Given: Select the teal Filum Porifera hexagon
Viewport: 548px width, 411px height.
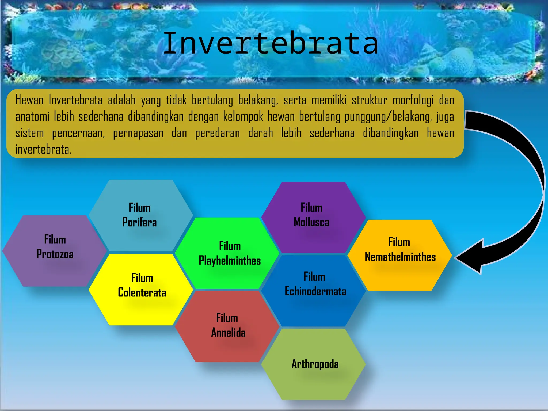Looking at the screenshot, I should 140,215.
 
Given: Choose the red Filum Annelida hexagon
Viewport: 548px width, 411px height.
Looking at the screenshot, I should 227,326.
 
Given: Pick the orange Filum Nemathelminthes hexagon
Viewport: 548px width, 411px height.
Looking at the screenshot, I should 400,254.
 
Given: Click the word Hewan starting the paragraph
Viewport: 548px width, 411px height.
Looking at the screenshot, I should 29,100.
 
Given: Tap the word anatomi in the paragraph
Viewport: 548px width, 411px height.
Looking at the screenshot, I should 32,117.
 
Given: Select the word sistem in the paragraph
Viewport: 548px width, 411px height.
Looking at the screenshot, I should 30,133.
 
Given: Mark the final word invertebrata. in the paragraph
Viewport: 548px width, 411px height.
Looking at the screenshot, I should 43,150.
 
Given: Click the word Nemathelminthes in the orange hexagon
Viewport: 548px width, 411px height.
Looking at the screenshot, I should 400,257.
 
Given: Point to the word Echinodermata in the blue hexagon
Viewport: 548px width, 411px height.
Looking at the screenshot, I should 315,291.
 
